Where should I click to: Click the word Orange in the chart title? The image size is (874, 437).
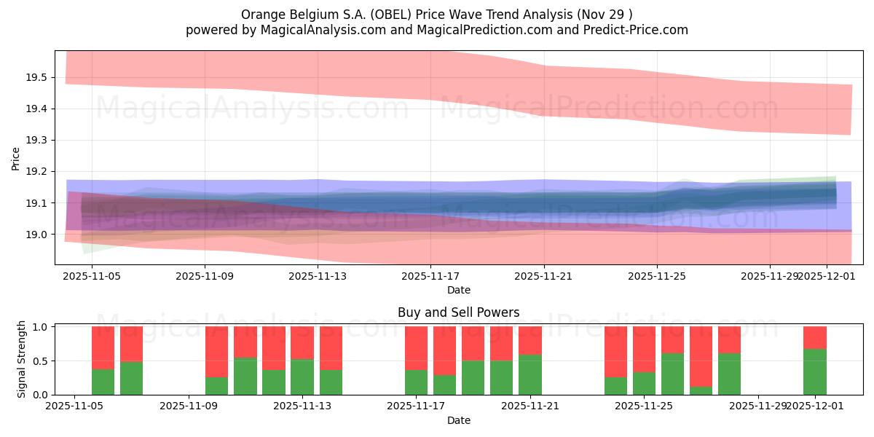point(260,15)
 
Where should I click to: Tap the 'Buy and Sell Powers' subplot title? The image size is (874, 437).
point(458,312)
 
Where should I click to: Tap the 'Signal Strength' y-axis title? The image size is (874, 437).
point(22,358)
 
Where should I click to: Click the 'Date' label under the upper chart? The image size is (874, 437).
point(458,290)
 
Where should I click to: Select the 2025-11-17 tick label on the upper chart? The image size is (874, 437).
point(430,276)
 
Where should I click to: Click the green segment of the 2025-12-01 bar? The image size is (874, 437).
point(815,371)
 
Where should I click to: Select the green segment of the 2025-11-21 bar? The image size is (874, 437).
point(530,374)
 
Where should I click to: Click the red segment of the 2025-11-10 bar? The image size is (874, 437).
point(216,351)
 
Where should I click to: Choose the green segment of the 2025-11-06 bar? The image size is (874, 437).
point(103,382)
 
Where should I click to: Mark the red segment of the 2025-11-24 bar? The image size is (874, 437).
point(615,351)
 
